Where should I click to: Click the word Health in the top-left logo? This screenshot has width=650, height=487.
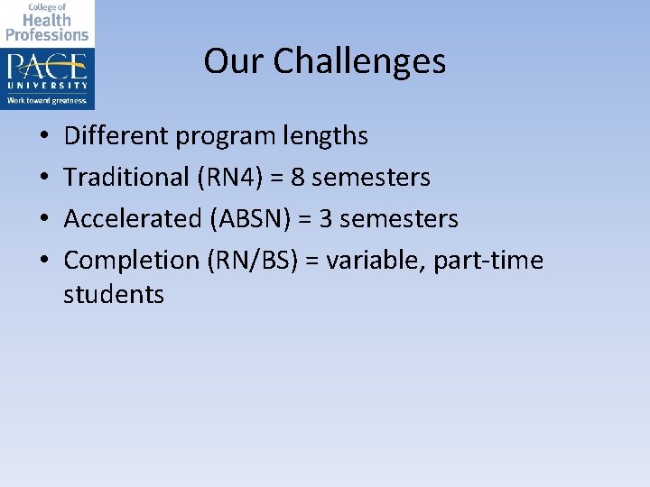[47, 21]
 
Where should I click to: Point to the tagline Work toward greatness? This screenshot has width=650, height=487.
[47, 100]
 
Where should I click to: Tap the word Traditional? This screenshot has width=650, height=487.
[125, 178]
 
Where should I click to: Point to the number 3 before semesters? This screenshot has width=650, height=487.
[323, 219]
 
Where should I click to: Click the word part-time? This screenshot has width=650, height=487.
[488, 261]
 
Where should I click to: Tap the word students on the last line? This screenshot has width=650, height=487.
[114, 295]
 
